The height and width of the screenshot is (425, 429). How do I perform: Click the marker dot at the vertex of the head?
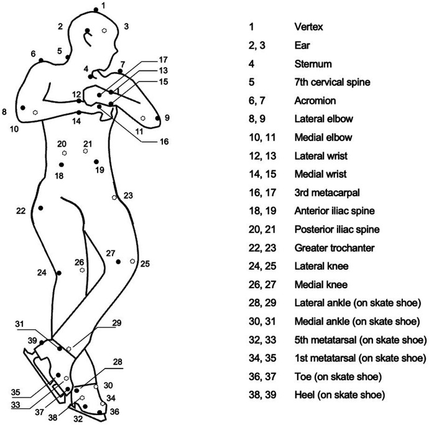[x=96, y=9]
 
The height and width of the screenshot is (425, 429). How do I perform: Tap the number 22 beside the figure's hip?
[x=21, y=211]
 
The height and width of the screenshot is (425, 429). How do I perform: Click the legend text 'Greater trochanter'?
[x=334, y=248]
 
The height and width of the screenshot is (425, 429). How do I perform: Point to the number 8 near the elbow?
[x=4, y=112]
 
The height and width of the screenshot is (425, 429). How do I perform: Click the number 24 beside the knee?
[x=42, y=272]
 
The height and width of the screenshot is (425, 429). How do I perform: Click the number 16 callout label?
[x=164, y=142]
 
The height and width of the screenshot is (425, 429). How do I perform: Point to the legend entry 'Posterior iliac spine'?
[x=337, y=229]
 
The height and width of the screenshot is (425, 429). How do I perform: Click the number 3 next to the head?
[x=126, y=26]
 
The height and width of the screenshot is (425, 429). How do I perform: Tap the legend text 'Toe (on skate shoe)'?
[x=338, y=377]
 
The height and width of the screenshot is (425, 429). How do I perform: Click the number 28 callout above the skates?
[x=118, y=362]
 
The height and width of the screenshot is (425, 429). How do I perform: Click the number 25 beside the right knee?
[x=145, y=263]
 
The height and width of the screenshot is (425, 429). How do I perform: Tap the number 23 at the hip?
[x=128, y=196]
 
